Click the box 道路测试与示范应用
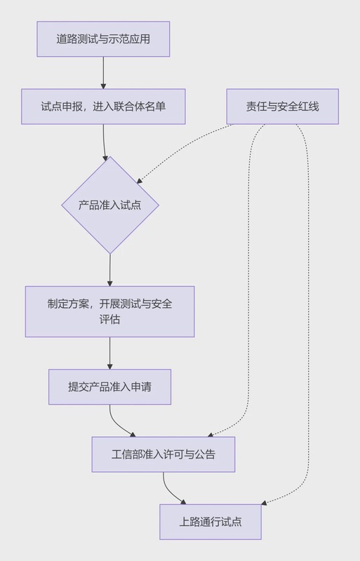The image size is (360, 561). pos(103,39)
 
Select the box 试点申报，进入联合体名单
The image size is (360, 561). pos(103,107)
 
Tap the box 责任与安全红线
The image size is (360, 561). pos(282,107)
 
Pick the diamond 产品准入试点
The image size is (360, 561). pos(109,205)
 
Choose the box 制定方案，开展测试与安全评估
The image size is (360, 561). pos(109,311)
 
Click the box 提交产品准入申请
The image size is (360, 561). pos(109,387)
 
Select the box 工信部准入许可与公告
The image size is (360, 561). pos(163,454)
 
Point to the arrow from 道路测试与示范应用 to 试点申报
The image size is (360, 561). pos(103,72)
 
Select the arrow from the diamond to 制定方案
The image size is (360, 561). pos(109,270)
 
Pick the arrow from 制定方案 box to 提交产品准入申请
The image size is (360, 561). pos(109,353)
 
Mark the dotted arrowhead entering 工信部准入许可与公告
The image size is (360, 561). pos(210,435)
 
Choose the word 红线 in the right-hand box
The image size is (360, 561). pos(309,107)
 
